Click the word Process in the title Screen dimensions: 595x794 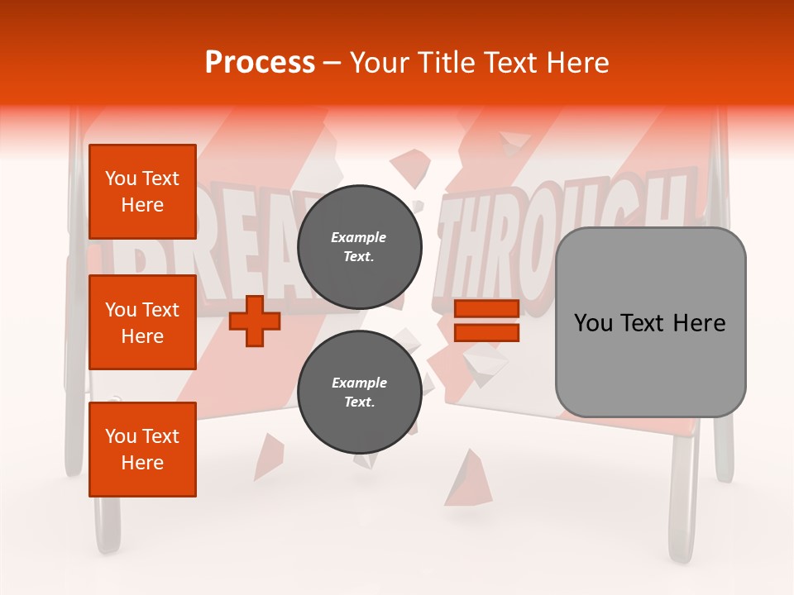point(260,63)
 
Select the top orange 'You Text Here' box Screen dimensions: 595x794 point(142,192)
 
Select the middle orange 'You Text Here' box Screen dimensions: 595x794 point(142,322)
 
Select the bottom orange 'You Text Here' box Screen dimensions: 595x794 point(142,450)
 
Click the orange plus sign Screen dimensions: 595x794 point(254,321)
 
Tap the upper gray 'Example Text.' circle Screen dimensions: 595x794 point(359,247)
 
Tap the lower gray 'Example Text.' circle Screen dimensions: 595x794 point(359,393)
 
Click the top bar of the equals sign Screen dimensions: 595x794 point(486,309)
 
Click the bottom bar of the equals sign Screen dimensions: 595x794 point(486,332)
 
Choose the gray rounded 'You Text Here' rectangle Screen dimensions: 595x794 point(650,322)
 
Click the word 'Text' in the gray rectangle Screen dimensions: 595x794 point(650,323)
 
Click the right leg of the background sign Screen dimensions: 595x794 point(686,496)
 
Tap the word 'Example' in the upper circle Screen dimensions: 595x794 point(359,237)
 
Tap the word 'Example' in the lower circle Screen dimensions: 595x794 point(359,383)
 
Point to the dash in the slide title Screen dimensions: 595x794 point(332,63)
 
